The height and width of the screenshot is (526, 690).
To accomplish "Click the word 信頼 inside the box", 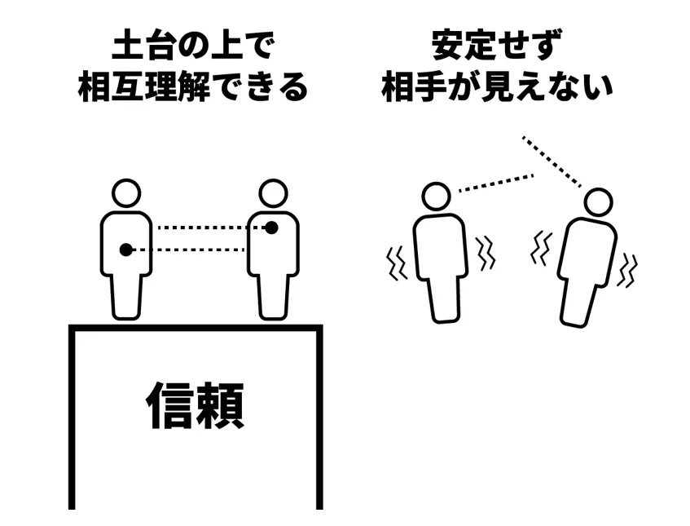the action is coord(195,405).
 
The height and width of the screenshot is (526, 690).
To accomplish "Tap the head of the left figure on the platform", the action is coord(126,193).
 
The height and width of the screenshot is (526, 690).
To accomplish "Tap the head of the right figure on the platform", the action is coord(273,193).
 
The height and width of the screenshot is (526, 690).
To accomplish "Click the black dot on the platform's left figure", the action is coord(125,250).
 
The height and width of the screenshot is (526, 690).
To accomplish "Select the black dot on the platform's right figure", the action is coord(272,228).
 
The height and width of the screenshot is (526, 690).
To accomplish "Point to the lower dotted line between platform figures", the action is coord(188,250).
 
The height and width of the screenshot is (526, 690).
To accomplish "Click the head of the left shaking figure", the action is coord(436,197).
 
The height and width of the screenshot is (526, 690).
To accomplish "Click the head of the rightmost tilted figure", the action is coord(599,202).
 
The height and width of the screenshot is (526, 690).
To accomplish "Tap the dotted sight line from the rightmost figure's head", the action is coord(552,161).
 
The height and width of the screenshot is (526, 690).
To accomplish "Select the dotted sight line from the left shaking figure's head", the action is coord(496,183).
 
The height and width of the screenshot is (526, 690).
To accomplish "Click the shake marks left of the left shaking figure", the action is coord(397,264).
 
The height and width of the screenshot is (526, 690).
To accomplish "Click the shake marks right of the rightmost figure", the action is coord(627,270).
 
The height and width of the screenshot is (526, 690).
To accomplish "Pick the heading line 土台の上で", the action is coord(194,45).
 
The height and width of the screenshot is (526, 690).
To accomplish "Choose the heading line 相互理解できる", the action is coord(193,86).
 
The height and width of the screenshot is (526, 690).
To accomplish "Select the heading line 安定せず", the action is coord(497,45).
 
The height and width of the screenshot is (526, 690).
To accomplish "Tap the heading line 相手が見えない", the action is coord(497,86).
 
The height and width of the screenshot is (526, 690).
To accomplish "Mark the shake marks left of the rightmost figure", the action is coord(541,249).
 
